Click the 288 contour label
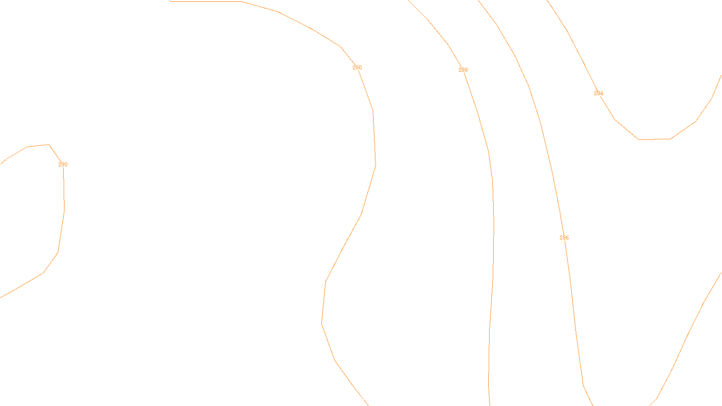pos(463,70)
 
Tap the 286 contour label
pos(564,238)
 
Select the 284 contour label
pos(598,93)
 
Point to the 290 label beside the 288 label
pos(357,68)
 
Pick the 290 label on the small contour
pos(63,165)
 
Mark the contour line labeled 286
pos(552,171)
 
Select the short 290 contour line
pos(64,198)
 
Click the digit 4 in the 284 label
pos(602,93)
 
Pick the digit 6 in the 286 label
pos(567,238)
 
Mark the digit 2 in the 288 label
pos(460,70)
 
